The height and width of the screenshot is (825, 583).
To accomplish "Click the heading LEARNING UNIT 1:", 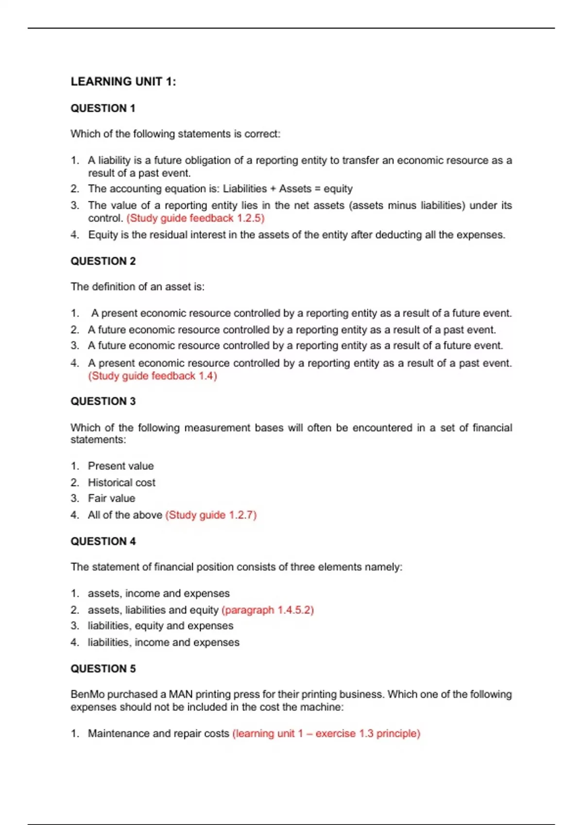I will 123,82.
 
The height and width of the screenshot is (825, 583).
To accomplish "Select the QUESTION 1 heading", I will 103,108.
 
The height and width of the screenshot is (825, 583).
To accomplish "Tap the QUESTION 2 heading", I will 103,261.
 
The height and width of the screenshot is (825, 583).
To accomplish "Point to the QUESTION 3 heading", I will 103,401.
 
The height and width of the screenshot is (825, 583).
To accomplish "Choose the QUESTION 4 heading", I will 103,541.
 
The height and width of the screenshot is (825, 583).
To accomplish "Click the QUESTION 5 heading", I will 103,669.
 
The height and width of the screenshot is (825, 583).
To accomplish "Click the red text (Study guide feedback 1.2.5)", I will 195,218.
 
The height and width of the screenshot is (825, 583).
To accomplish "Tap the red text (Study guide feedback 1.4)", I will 153,376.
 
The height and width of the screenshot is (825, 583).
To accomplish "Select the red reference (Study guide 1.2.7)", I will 211,515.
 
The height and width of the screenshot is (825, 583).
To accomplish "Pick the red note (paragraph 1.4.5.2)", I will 268,610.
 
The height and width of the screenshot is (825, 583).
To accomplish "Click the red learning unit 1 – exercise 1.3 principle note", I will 326,733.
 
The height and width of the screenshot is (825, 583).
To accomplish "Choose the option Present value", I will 120,466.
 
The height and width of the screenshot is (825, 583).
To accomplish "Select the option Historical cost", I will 121,482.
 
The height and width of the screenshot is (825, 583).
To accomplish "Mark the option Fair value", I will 111,498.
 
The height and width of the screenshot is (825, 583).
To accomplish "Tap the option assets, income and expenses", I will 158,594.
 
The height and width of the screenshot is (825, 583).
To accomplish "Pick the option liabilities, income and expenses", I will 163,643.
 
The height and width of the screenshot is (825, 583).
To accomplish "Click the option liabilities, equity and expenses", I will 160,626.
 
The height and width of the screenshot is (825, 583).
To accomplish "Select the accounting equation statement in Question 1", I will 220,189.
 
